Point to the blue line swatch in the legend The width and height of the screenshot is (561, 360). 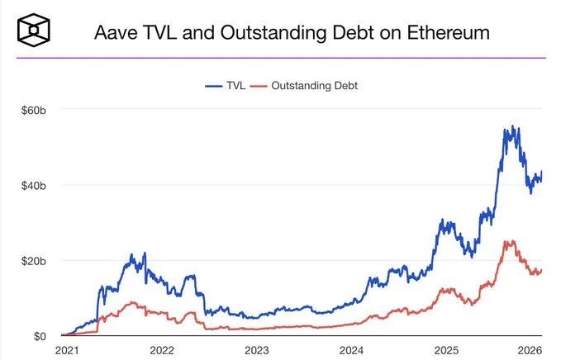[x=215, y=85]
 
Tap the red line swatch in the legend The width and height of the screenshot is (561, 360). [x=260, y=85]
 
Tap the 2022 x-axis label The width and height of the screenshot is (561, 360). [x=162, y=350]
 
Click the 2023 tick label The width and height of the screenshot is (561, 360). [x=257, y=350]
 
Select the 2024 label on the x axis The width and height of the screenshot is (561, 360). [x=351, y=350]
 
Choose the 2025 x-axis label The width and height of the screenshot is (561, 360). [x=446, y=350]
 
